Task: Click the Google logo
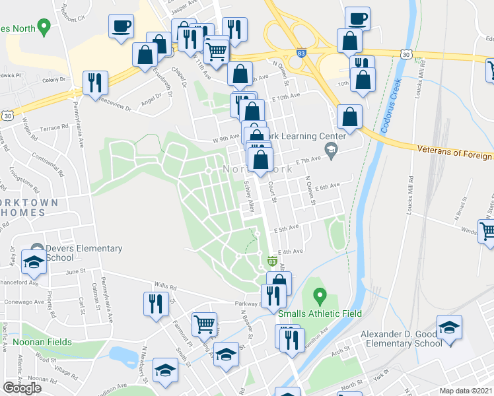tap(22, 388)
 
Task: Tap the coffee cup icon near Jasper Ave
tap(122, 26)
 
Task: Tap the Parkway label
tap(244, 304)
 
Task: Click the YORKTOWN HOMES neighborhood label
tap(26, 207)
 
